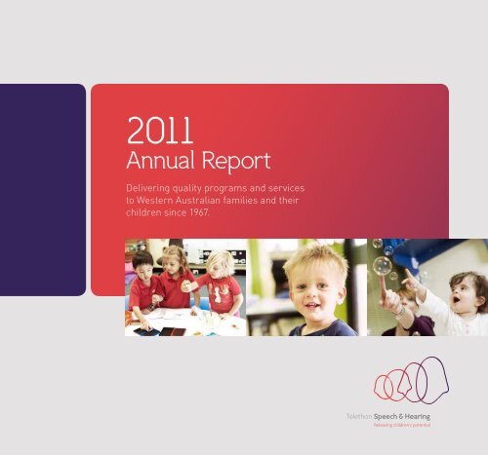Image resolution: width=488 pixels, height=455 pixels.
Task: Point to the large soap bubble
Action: click(x=383, y=265)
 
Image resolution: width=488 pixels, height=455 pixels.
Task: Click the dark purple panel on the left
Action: click(x=42, y=189)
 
